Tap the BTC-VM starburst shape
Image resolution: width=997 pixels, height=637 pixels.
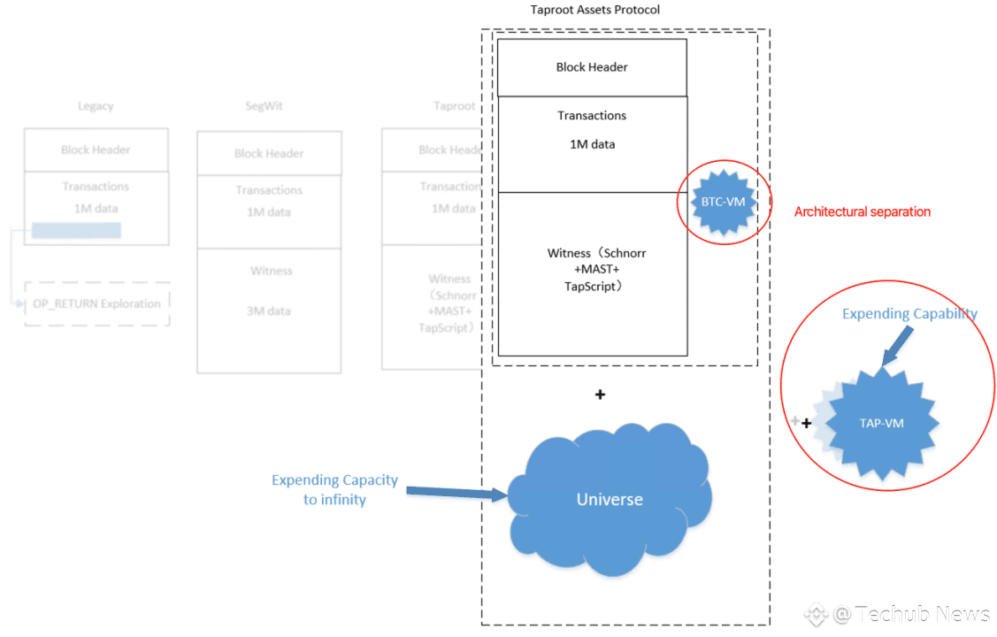click(723, 202)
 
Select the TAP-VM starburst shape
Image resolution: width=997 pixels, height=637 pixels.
click(881, 423)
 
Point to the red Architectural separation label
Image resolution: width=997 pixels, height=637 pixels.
click(862, 212)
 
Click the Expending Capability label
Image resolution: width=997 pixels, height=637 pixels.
click(909, 314)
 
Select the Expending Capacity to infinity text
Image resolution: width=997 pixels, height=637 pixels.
click(334, 489)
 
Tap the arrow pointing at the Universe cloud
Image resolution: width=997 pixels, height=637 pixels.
click(456, 491)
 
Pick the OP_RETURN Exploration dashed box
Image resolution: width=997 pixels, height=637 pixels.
click(96, 303)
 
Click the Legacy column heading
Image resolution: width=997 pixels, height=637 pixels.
click(96, 106)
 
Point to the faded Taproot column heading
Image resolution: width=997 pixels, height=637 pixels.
click(454, 106)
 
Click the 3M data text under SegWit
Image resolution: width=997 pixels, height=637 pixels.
click(269, 311)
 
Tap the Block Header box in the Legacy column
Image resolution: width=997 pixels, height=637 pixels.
click(96, 150)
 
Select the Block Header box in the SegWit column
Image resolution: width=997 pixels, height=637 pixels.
click(269, 154)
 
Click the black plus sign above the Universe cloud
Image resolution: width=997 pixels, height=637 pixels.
click(600, 395)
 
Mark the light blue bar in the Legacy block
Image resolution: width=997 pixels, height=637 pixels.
click(76, 230)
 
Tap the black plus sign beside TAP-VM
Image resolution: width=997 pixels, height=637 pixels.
click(807, 424)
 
